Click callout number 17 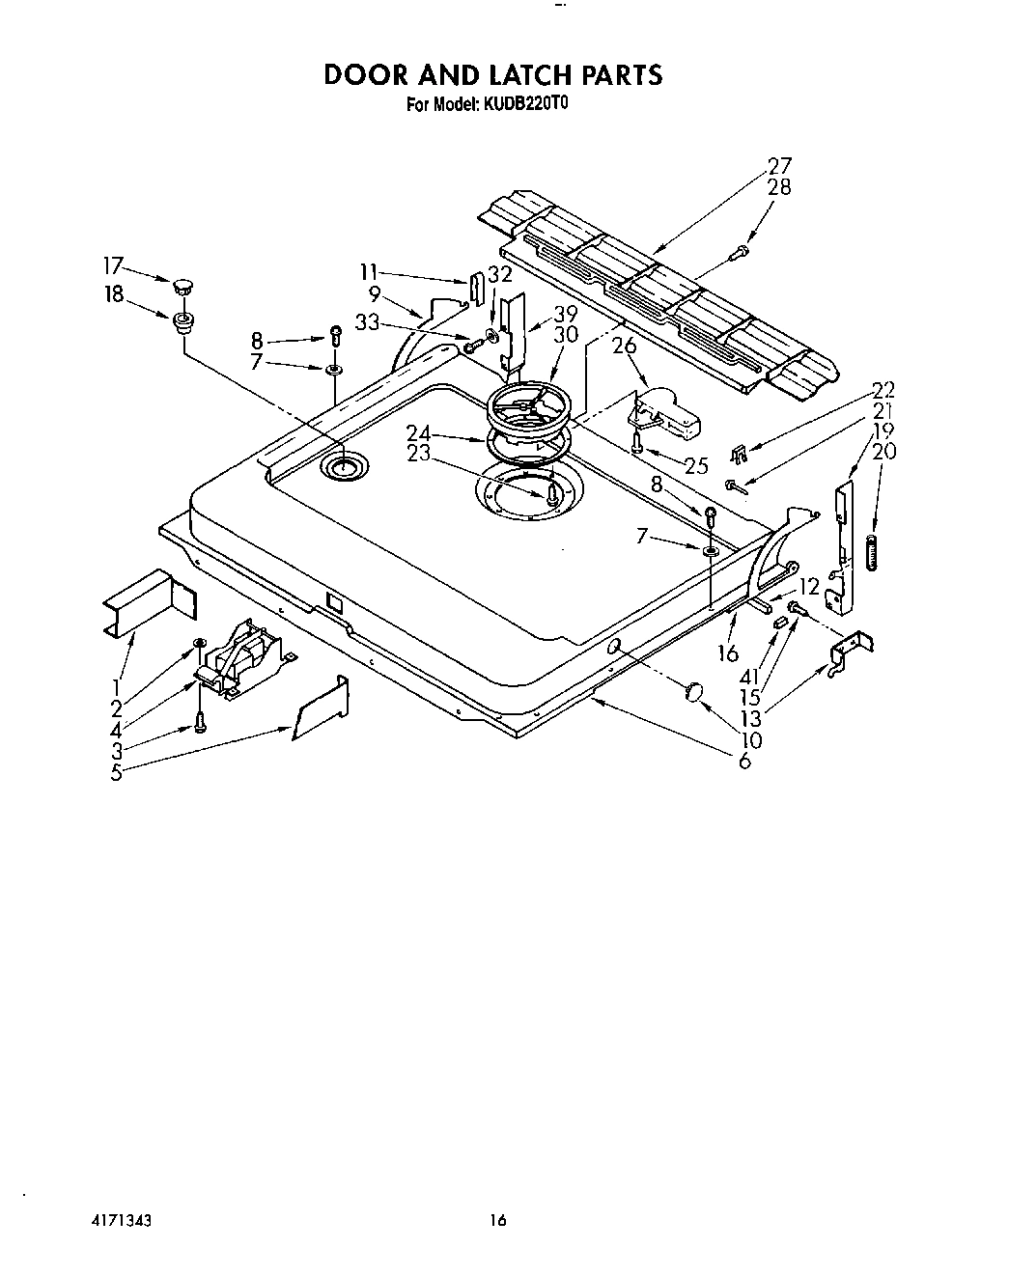pyautogui.click(x=114, y=264)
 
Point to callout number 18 pyautogui.click(x=114, y=293)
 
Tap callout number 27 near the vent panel pyautogui.click(x=778, y=166)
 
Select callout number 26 pyautogui.click(x=625, y=346)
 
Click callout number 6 pyautogui.click(x=743, y=762)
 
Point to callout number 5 pyautogui.click(x=116, y=772)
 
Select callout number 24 pyautogui.click(x=418, y=433)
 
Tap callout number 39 pyautogui.click(x=565, y=315)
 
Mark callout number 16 pyautogui.click(x=727, y=653)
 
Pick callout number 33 pyautogui.click(x=367, y=322)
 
